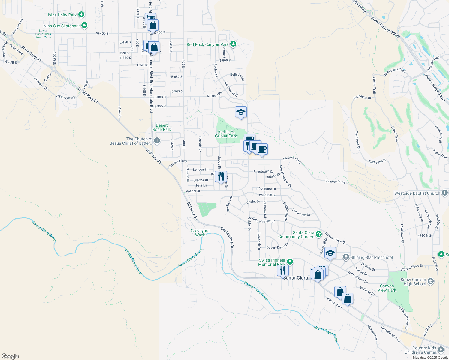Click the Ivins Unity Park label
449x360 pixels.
pos(62,15)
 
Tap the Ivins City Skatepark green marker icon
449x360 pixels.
pos(84,26)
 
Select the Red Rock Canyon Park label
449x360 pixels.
pos(208,44)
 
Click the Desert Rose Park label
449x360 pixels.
pos(162,127)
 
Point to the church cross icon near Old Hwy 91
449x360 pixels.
pos(157,140)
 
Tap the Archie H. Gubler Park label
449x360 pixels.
pos(226,134)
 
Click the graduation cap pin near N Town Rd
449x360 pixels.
pos(241,112)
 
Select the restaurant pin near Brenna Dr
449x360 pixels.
pos(221,176)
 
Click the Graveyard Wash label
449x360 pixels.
pos(200,233)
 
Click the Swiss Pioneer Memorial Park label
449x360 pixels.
pos(272,262)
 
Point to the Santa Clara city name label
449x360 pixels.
pos(296,278)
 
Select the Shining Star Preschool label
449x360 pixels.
pos(372,257)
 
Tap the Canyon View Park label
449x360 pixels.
pos(387,288)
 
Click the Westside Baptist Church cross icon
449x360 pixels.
pos(445,193)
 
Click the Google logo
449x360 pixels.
pos(10,356)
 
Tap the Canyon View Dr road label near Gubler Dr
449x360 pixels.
pos(264,221)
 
